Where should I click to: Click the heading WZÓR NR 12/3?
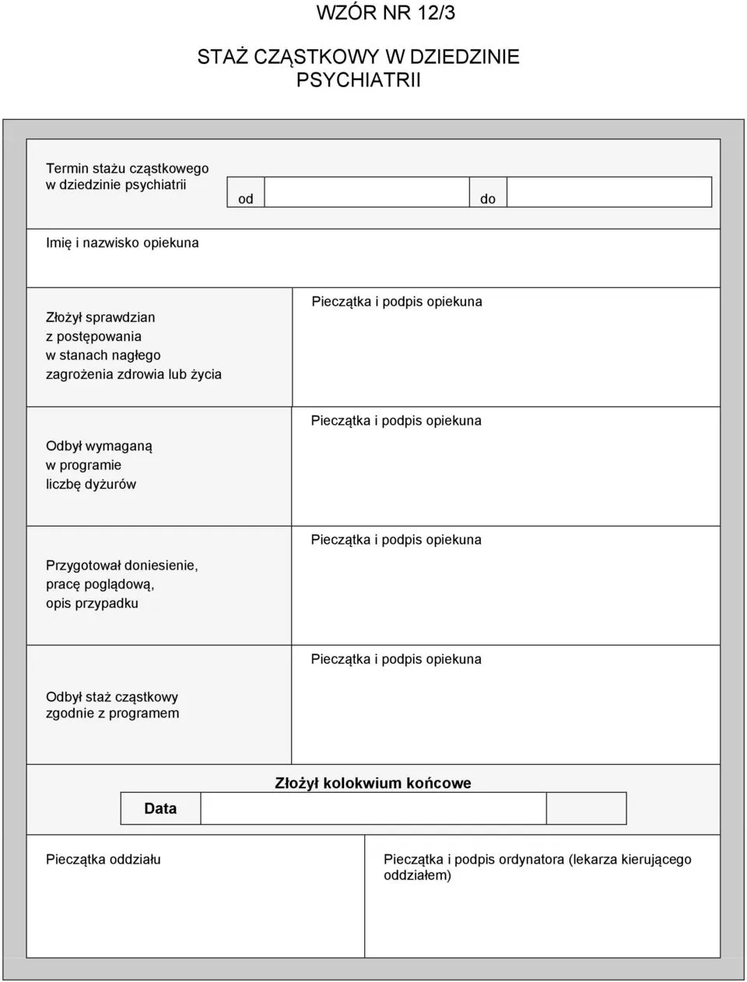point(386,12)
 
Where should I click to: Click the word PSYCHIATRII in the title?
point(358,79)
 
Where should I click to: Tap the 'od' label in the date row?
point(246,199)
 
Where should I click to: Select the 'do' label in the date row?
point(488,199)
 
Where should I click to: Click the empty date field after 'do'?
point(608,192)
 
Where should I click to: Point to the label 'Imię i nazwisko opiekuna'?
point(122,243)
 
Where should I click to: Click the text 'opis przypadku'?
point(92,603)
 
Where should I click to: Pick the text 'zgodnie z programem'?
point(112,714)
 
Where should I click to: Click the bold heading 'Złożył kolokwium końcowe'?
point(373,783)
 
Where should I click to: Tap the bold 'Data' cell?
point(160,808)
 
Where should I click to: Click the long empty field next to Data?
point(373,808)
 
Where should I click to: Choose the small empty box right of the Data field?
point(586,808)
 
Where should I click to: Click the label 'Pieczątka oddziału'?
point(103,860)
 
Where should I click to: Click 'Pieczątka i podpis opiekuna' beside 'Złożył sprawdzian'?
point(397,301)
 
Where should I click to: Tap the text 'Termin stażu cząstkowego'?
point(127,168)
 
